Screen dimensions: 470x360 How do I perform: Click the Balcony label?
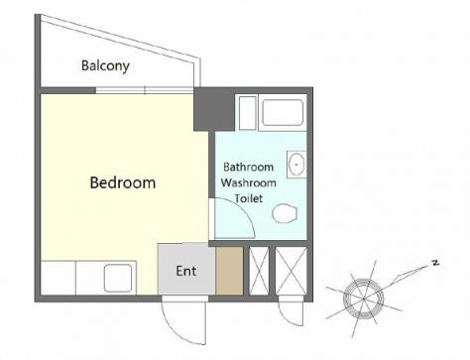pyautogui.click(x=105, y=65)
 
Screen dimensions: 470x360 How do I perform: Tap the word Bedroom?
pyautogui.click(x=123, y=182)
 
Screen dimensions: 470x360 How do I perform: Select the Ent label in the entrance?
pyautogui.click(x=186, y=271)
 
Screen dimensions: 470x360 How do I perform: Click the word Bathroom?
pyautogui.click(x=248, y=167)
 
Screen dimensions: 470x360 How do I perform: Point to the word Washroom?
pyautogui.click(x=249, y=182)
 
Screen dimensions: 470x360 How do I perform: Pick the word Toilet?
pyautogui.click(x=249, y=198)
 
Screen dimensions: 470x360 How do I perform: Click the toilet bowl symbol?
pyautogui.click(x=285, y=213)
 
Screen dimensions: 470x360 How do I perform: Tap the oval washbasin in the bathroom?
pyautogui.click(x=296, y=165)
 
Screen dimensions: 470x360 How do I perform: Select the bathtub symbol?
pyautogui.click(x=283, y=112)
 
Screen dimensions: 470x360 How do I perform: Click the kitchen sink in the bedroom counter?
pyautogui.click(x=118, y=278)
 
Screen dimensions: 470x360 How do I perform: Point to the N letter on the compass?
pyautogui.click(x=435, y=263)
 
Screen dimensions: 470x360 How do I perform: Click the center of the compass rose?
pyautogui.click(x=363, y=299)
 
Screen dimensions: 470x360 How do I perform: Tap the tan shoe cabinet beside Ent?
pyautogui.click(x=229, y=271)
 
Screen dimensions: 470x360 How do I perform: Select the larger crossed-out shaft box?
pyautogui.click(x=292, y=271)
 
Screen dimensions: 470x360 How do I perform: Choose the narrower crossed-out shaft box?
pyautogui.click(x=259, y=271)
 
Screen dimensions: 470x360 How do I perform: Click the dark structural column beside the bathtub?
pyautogui.click(x=214, y=109)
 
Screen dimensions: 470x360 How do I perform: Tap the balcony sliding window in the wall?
pyautogui.click(x=145, y=90)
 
